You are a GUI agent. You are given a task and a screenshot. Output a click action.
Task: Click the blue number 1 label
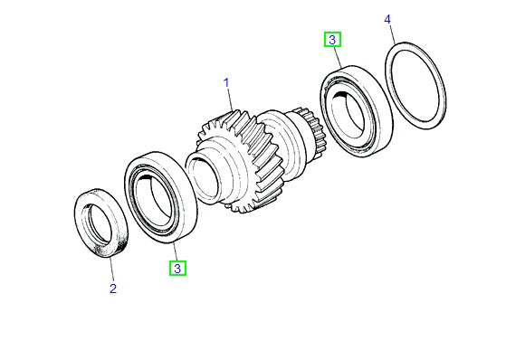click(228, 84)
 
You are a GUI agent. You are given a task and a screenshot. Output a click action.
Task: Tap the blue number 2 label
click(112, 289)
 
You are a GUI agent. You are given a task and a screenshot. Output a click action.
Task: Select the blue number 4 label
click(387, 19)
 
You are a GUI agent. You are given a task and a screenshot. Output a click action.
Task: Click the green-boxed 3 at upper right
click(333, 39)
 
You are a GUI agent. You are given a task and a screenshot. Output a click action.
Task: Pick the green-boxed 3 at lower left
click(178, 268)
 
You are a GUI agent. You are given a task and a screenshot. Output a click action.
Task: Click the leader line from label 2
click(108, 269)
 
